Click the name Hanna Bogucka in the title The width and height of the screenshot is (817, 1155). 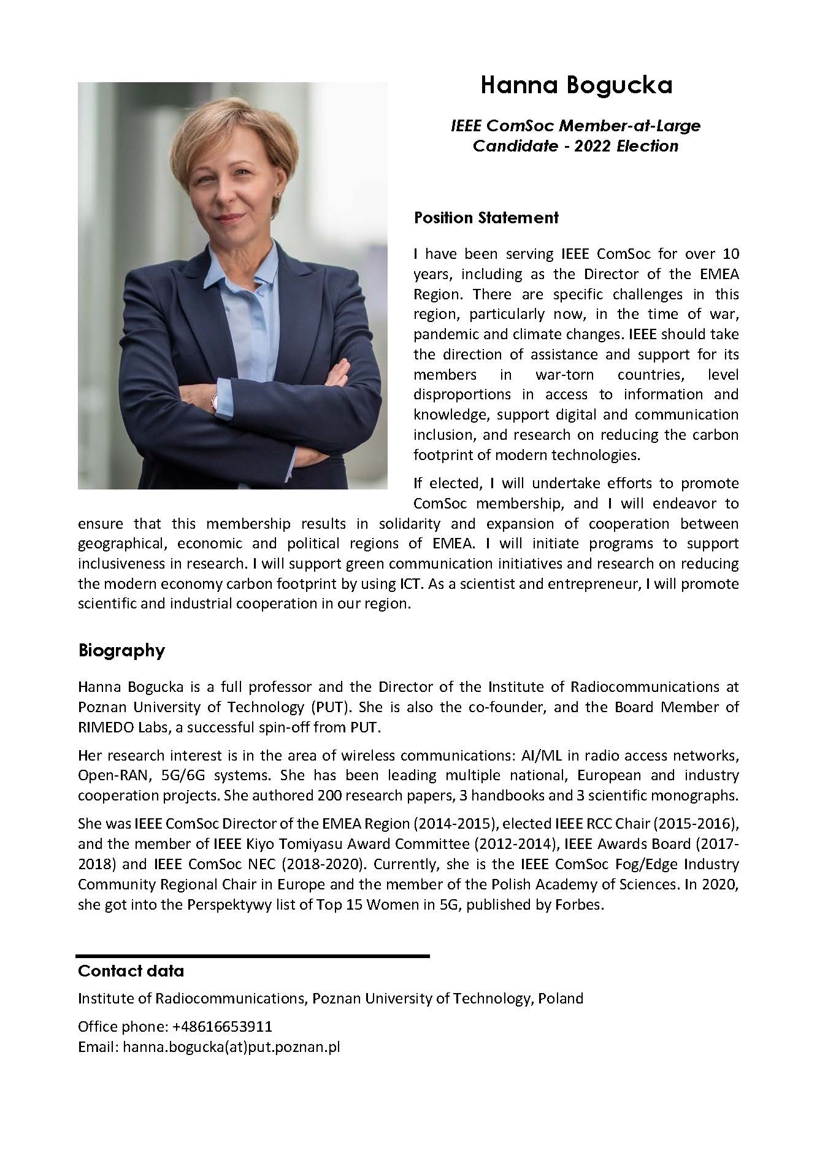click(x=576, y=85)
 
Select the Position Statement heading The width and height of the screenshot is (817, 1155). click(x=486, y=218)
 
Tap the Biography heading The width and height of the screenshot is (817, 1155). click(x=121, y=650)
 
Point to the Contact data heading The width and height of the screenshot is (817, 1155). click(x=131, y=971)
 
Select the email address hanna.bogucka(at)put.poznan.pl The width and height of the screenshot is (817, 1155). click(x=231, y=1046)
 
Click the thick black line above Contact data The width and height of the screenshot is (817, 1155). click(x=252, y=956)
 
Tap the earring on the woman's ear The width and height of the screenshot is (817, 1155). click(x=280, y=194)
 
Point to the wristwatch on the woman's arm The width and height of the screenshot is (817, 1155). click(x=215, y=402)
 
